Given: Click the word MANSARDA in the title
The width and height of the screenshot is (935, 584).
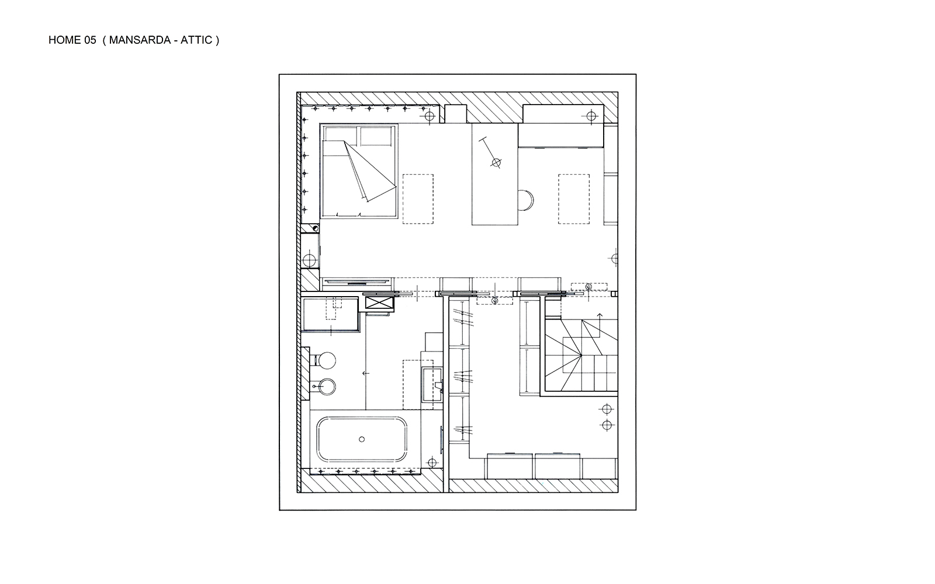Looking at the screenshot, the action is tap(140, 40).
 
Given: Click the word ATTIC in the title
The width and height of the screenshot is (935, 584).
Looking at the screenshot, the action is tap(196, 40).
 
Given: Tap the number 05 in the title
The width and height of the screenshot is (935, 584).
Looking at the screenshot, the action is tap(90, 40).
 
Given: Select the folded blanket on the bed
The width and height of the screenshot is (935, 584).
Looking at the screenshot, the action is tap(369, 171).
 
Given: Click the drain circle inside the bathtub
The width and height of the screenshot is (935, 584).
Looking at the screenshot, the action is tap(362, 439).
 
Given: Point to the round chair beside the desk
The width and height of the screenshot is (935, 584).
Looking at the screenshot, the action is tap(526, 200).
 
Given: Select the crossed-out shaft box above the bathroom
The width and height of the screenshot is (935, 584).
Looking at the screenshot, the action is tap(379, 303).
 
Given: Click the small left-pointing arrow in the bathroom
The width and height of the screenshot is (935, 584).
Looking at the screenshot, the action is tap(366, 373).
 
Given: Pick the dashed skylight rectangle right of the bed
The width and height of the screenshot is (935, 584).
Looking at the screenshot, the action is tap(418, 199).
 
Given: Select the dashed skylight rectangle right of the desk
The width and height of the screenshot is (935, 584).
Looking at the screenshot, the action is tap(574, 199).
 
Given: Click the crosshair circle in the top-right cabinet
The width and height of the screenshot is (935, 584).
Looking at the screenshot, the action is tap(591, 116).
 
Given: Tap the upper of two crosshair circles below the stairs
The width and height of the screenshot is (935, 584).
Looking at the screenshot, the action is tap(607, 409).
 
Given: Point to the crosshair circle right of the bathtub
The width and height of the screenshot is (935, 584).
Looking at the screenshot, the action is tap(432, 463).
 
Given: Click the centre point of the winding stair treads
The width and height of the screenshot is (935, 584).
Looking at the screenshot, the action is tap(581, 356).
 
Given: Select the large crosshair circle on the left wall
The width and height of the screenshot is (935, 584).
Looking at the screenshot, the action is tap(309, 261).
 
